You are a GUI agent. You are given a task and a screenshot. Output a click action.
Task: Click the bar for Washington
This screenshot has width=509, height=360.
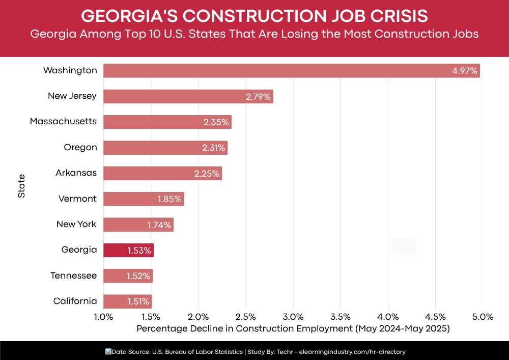[291, 71]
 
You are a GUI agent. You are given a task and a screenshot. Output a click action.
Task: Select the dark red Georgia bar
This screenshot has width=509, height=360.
[128, 250]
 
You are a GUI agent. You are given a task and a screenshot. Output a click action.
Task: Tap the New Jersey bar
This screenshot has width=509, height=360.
[188, 96]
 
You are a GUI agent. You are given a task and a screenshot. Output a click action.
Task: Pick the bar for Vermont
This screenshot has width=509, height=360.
[144, 199]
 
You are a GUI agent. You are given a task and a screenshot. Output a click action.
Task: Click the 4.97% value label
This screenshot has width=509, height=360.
[464, 71]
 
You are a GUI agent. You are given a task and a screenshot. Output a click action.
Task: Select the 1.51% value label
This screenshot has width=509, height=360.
[138, 301]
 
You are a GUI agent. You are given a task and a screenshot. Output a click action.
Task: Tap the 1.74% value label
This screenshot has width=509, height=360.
[159, 225]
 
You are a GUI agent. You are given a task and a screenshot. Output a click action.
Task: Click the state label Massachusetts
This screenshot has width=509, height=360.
[63, 121]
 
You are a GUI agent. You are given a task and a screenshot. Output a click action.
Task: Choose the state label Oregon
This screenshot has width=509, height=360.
[80, 147]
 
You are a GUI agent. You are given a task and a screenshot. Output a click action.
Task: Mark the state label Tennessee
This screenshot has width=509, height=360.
[73, 275]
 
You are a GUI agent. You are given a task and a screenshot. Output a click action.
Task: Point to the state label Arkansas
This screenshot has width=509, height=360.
[76, 173]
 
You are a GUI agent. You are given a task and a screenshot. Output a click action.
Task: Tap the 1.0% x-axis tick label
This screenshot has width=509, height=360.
[103, 317]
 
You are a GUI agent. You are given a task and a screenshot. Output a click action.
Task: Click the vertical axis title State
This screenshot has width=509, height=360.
[21, 186]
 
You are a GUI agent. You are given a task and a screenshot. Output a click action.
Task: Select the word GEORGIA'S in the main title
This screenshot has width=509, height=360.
[128, 16]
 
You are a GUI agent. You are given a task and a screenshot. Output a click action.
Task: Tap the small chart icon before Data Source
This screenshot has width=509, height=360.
[107, 351]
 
